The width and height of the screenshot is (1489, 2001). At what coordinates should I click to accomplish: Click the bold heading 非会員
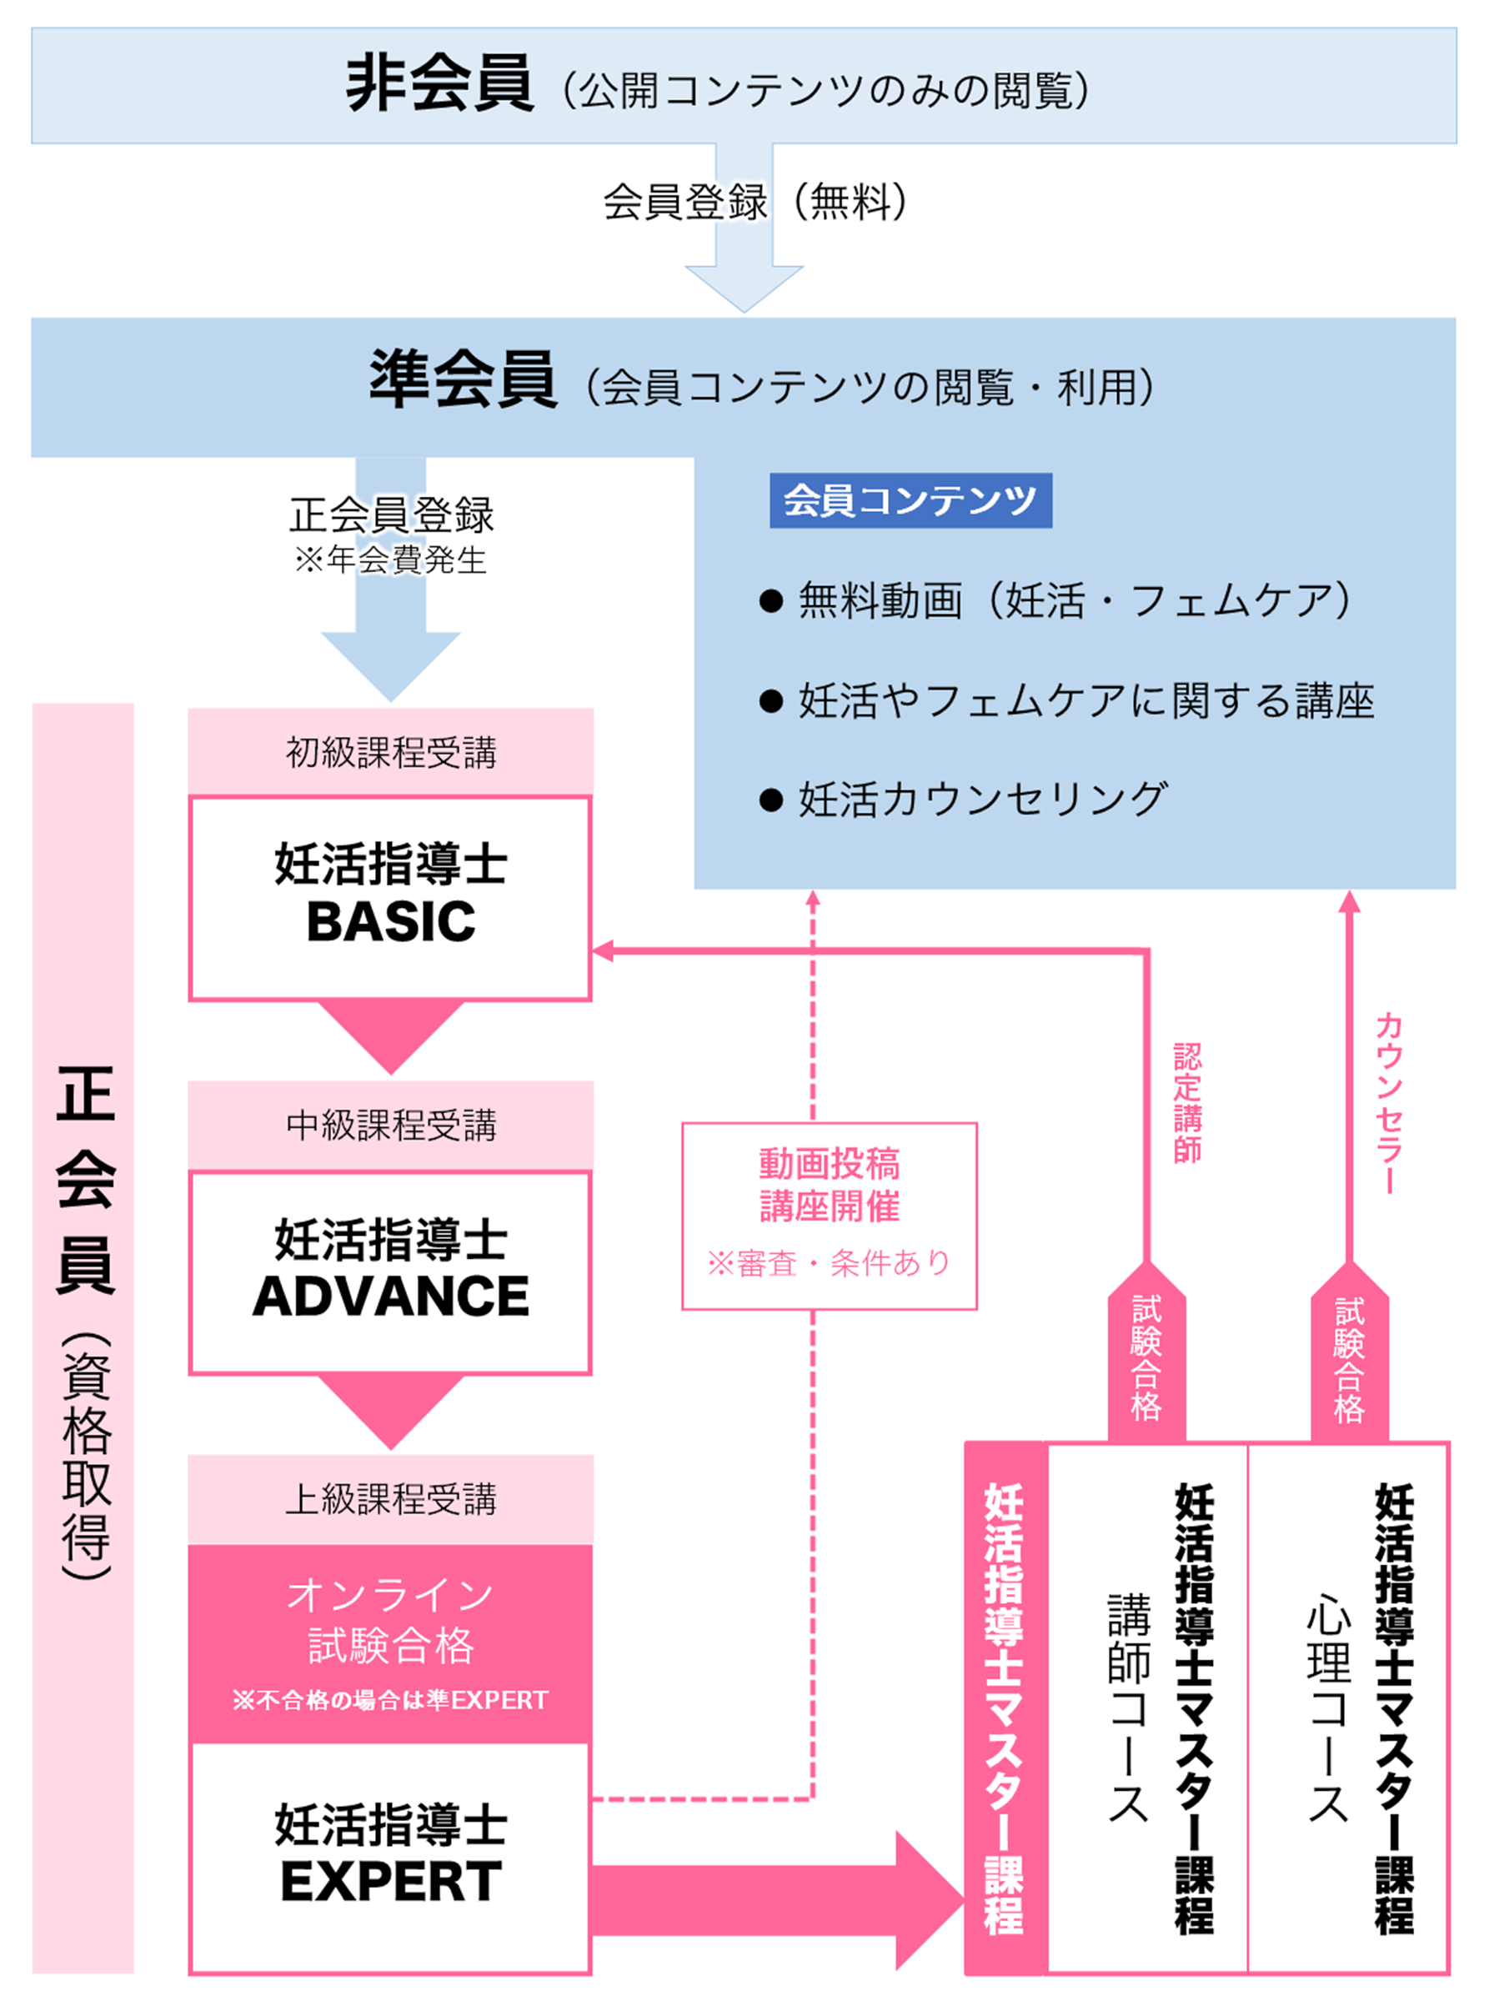(x=440, y=84)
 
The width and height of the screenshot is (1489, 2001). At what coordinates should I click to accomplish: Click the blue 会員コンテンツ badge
(x=910, y=500)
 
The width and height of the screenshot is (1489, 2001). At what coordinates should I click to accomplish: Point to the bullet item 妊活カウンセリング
(x=981, y=800)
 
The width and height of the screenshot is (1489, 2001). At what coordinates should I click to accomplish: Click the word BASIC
(x=390, y=922)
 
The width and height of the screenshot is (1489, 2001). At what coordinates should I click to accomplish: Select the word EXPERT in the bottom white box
(x=390, y=1881)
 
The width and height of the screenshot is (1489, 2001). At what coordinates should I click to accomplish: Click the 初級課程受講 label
(x=390, y=753)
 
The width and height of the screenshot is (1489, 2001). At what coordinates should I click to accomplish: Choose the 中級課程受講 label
(x=390, y=1126)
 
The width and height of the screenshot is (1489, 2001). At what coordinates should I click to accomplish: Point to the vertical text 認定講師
(x=1187, y=1102)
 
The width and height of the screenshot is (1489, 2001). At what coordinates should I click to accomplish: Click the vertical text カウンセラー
(x=1389, y=1102)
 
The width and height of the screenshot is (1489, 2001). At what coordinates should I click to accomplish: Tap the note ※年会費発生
(x=390, y=559)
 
